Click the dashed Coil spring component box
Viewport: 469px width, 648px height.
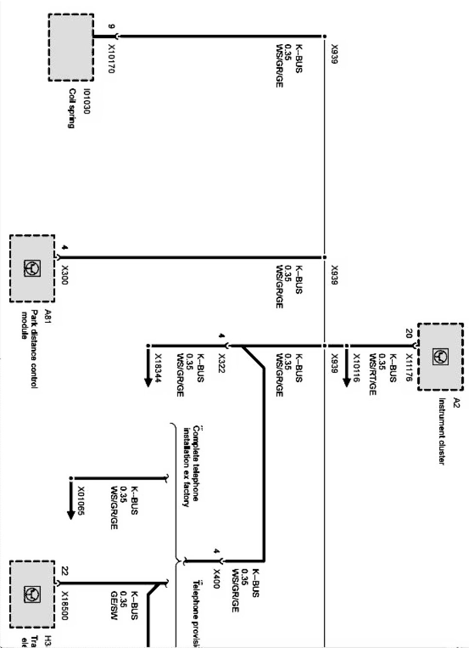(71, 47)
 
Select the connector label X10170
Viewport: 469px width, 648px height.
(111, 59)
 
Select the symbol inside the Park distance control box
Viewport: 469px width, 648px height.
(33, 268)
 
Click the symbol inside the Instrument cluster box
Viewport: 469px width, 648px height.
(440, 357)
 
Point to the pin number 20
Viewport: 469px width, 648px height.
(408, 333)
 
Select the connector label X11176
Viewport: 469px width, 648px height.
(408, 367)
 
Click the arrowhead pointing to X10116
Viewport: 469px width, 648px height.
(346, 381)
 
